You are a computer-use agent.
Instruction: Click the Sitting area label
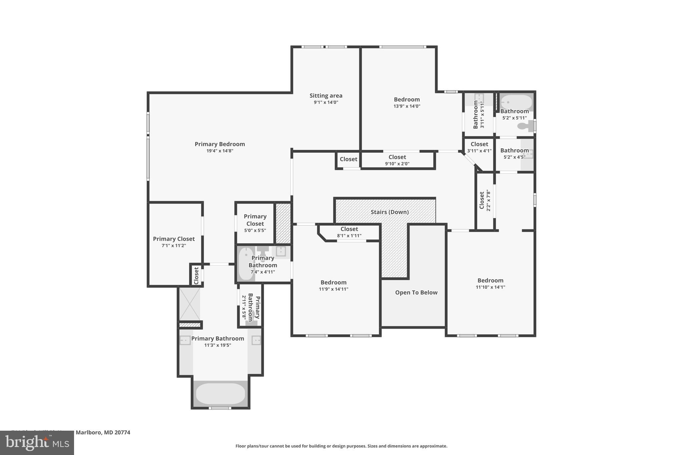[326, 96]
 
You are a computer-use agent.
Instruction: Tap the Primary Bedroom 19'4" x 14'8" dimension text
[220, 151]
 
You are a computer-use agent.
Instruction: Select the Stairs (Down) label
[390, 212]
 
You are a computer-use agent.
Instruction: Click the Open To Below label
[416, 292]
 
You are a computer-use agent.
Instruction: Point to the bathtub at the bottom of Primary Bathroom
[220, 394]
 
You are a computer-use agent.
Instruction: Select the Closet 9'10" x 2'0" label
[397, 160]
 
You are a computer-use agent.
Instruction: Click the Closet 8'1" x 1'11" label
[349, 232]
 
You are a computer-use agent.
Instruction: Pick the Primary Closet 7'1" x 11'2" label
[174, 242]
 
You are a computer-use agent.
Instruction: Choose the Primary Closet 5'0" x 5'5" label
[255, 223]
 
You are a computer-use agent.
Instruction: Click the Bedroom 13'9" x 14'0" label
[407, 102]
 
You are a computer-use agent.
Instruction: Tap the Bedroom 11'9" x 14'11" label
[333, 285]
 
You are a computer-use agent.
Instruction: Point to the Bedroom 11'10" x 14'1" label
[490, 283]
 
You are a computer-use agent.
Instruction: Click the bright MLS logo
[37, 443]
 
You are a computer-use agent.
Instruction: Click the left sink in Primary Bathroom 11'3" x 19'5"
[185, 340]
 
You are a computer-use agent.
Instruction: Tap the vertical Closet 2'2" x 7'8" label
[485, 200]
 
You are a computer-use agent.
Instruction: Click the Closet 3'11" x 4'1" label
[479, 147]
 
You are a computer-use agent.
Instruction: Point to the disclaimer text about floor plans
[341, 446]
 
